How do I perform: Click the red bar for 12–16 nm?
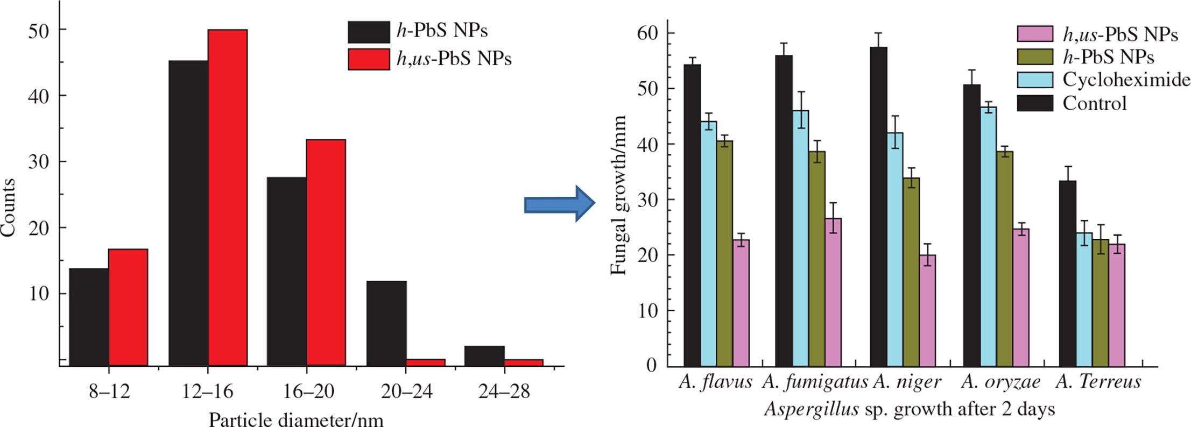point(228,197)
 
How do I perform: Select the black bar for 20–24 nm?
point(386,323)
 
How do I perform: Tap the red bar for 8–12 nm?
point(128,307)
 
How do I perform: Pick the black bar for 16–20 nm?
point(287,272)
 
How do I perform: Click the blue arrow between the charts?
point(559,203)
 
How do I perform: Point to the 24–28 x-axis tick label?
point(504,392)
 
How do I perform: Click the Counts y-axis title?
point(8,207)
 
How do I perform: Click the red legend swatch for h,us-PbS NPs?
point(369,59)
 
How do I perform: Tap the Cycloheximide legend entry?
point(1126,80)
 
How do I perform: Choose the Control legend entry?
point(1094,103)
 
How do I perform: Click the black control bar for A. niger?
point(878,207)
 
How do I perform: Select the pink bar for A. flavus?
point(741,303)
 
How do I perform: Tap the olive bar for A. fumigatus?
point(816,259)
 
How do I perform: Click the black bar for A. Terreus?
point(1067,273)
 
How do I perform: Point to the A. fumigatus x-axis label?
point(815,382)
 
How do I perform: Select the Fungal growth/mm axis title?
point(619,195)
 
